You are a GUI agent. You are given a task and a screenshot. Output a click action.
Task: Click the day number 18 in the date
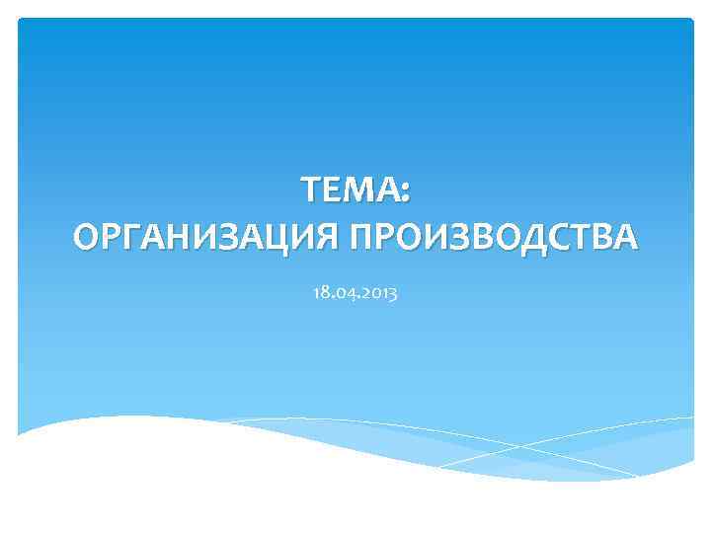click(x=318, y=293)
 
